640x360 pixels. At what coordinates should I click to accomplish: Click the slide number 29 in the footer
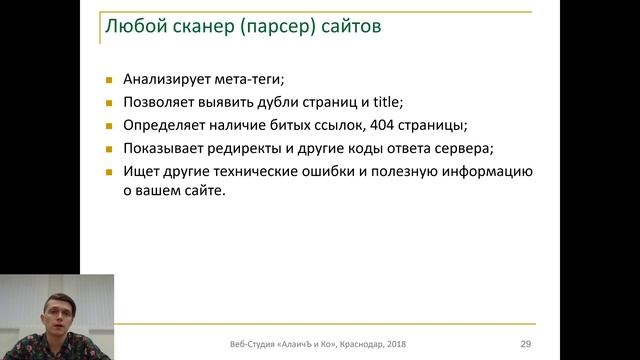[525, 344]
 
